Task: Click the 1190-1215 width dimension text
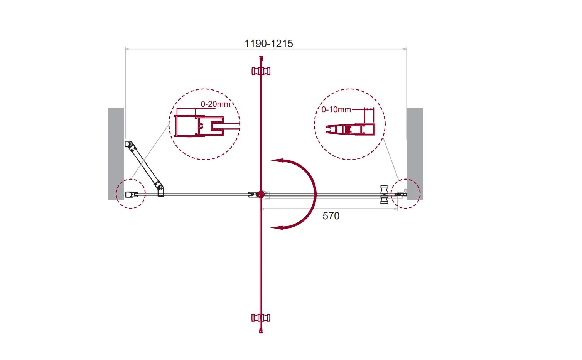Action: [x=269, y=44]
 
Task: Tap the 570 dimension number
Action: [x=331, y=216]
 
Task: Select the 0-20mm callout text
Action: [x=215, y=104]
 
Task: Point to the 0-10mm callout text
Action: [x=336, y=109]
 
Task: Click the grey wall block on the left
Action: [x=116, y=154]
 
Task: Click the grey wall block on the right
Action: [x=415, y=154]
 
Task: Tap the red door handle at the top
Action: [x=261, y=71]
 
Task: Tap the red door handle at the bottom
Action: [x=261, y=318]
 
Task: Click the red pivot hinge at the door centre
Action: [x=261, y=195]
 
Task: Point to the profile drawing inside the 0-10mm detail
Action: [x=350, y=130]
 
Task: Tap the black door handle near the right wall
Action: [x=384, y=195]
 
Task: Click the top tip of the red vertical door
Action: [x=261, y=56]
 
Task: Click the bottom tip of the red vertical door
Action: [x=261, y=332]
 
